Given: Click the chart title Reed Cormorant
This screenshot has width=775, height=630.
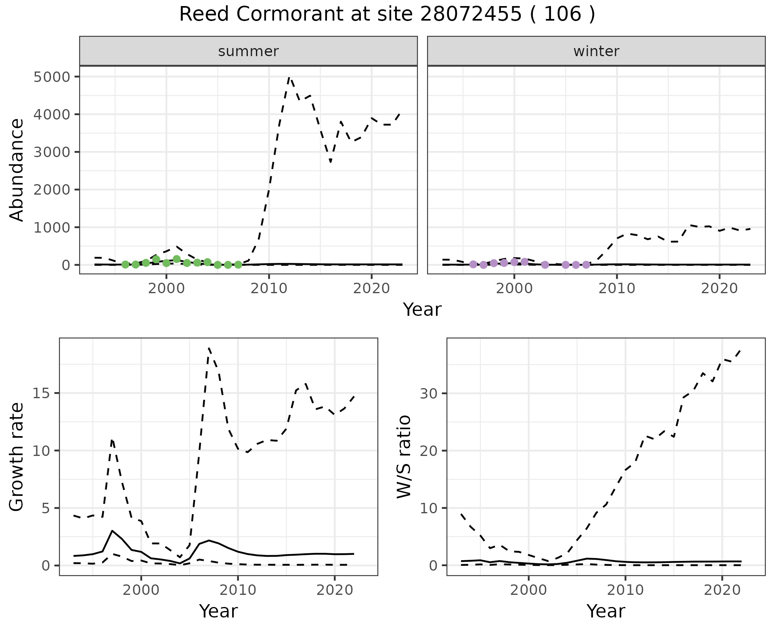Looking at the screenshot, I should (x=387, y=15).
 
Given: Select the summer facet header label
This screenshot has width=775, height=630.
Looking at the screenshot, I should (x=248, y=51).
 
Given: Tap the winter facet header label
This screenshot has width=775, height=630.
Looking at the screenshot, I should (x=596, y=51).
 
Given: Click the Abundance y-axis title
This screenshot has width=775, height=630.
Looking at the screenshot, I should (x=17, y=170).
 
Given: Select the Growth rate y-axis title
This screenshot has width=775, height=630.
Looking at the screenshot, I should (x=17, y=456).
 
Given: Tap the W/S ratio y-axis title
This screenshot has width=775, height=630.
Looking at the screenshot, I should (x=404, y=456).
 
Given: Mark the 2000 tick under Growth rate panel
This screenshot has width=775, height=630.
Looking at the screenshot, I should (x=141, y=590).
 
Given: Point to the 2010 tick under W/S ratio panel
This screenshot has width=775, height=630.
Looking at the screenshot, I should (x=625, y=590).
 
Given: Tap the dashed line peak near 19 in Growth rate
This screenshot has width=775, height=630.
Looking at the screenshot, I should (x=209, y=348).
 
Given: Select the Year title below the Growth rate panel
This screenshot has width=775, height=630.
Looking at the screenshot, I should (x=218, y=611).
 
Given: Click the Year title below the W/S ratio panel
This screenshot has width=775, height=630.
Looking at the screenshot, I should (x=606, y=611).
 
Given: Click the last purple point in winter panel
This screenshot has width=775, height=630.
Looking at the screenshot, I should (x=586, y=265).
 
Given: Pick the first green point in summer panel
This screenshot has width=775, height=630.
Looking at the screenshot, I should (x=125, y=265).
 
